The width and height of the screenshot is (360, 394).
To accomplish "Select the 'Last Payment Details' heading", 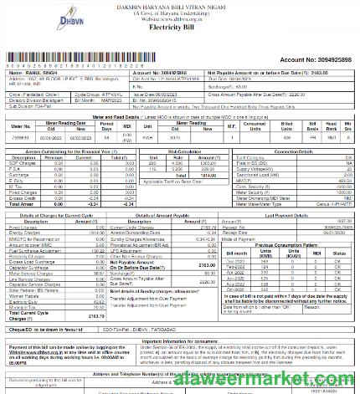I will (x=293, y=215).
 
